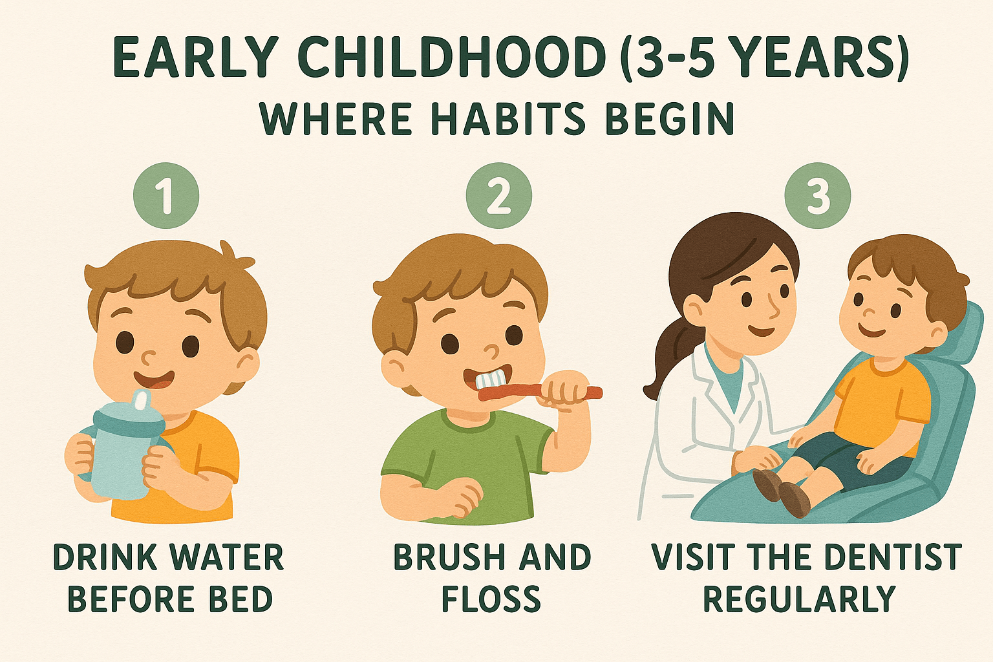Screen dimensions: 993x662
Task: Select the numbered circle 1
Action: (x=165, y=195)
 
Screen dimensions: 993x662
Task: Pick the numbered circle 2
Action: (x=498, y=195)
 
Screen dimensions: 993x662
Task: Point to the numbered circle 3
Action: (x=817, y=195)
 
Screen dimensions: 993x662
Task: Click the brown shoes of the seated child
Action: (x=782, y=493)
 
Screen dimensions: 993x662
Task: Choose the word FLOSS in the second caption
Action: (x=491, y=599)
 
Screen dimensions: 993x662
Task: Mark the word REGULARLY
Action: (x=800, y=599)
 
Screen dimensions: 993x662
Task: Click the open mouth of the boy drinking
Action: (x=154, y=379)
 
